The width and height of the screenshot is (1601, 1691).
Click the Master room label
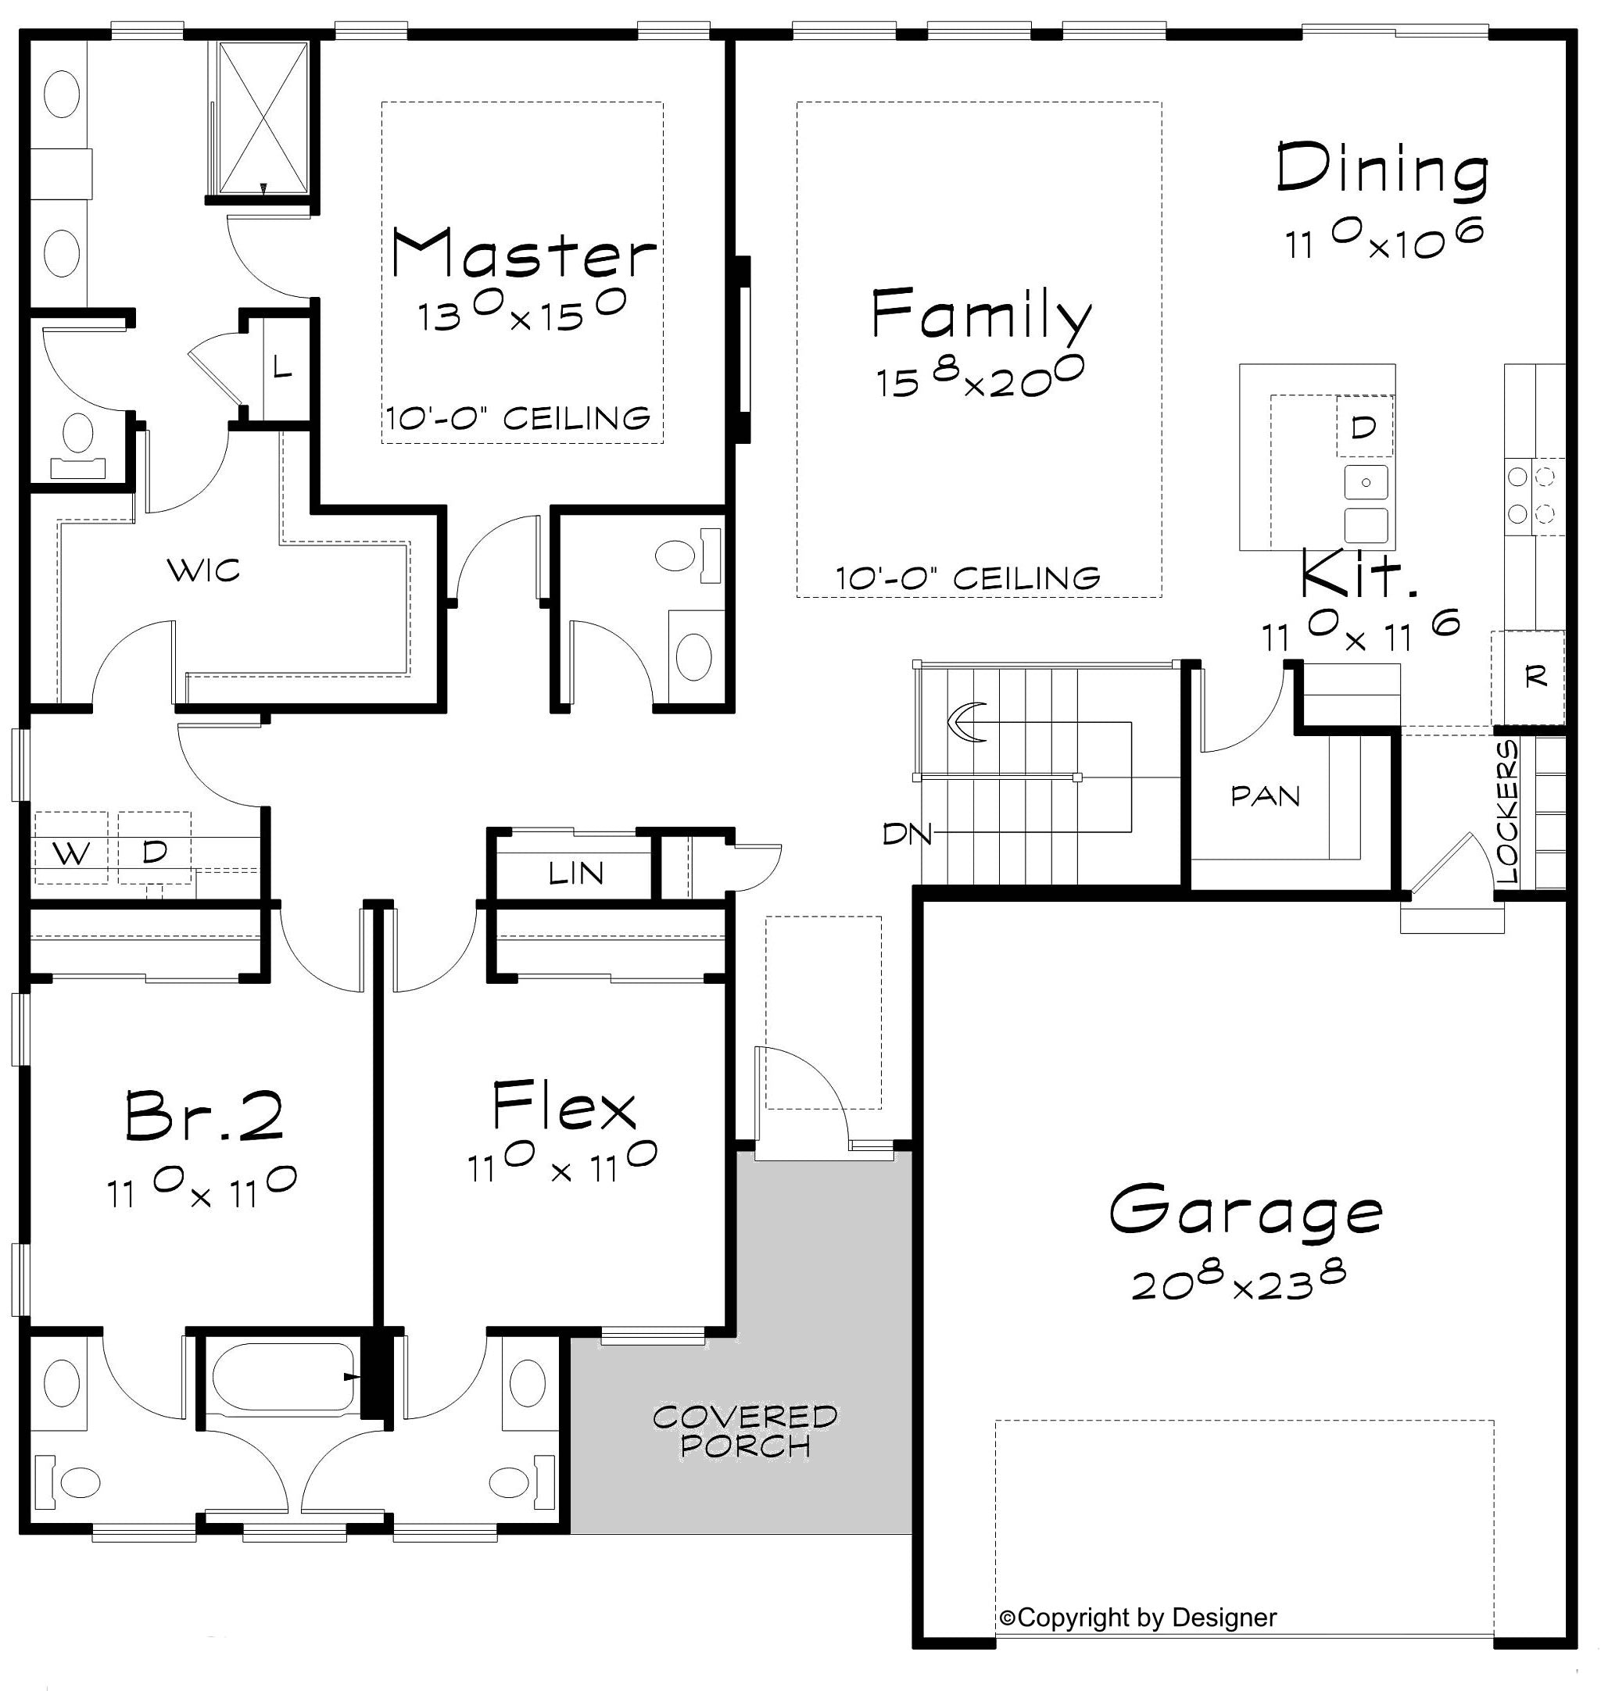tap(524, 253)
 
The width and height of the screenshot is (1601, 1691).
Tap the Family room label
tap(981, 314)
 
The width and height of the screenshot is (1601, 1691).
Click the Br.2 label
tap(204, 1115)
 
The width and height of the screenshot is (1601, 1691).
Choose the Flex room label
tap(564, 1106)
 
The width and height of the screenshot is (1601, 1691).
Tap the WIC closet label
tap(203, 569)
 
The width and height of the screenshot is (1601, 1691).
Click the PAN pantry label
tap(1266, 796)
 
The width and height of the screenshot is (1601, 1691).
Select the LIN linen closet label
tap(576, 873)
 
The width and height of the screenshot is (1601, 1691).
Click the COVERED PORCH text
tap(745, 1431)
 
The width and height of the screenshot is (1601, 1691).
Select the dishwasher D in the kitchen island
tap(1365, 426)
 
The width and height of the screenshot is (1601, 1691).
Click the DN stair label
tap(907, 834)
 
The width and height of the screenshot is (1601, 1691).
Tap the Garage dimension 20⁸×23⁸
tap(1238, 1282)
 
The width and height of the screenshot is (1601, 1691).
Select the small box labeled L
tap(283, 369)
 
